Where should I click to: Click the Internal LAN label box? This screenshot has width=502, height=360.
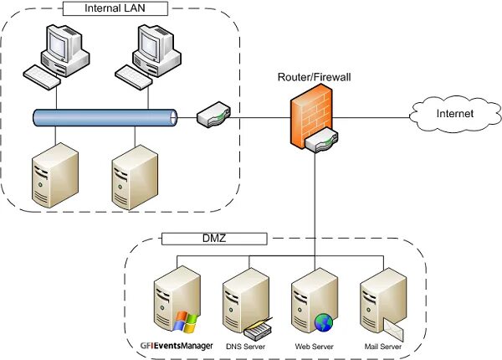point(115,8)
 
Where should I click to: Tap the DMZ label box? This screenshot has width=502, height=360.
point(214,239)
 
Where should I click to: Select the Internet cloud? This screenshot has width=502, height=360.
point(455,114)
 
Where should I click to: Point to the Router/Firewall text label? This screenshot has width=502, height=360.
point(314,77)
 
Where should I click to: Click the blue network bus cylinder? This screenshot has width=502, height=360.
point(105,118)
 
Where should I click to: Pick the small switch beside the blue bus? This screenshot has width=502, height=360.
point(213,115)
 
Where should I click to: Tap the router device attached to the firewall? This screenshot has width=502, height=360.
point(321,140)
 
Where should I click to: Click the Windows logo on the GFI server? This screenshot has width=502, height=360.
point(185,321)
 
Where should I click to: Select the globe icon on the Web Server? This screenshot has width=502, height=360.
point(324,322)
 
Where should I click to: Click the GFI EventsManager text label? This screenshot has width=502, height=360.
point(177,346)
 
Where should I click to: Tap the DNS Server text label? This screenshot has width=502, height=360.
point(245,347)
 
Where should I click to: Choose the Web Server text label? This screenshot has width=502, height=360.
point(314,347)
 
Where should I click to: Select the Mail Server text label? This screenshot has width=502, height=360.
point(383,347)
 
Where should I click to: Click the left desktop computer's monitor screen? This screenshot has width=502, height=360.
point(59,45)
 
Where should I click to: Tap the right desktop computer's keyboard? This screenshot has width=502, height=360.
point(133,77)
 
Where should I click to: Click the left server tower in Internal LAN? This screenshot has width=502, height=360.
point(55,175)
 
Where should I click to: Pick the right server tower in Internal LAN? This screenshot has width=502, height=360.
point(135,177)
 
